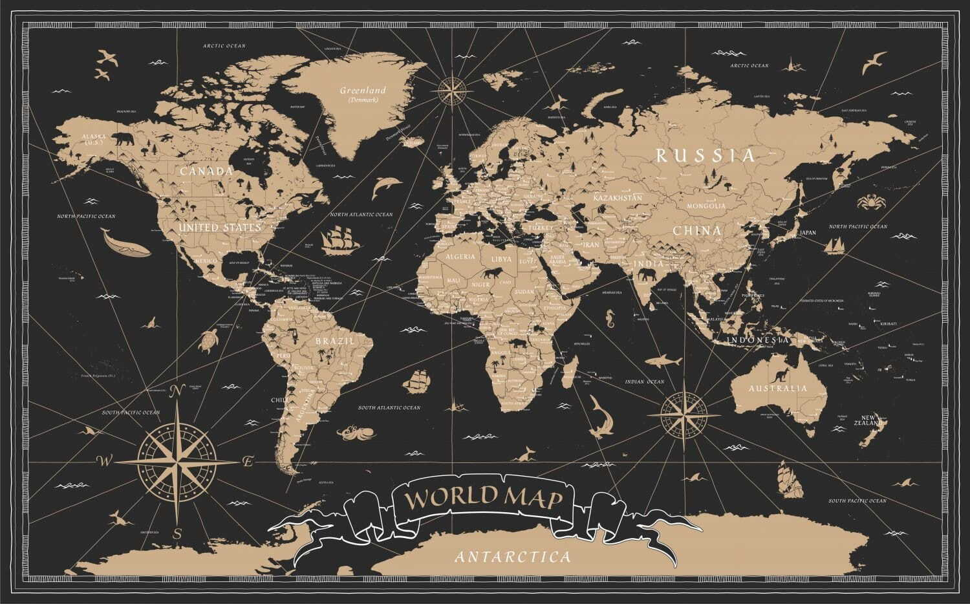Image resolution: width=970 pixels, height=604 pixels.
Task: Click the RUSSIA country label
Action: (x=706, y=155)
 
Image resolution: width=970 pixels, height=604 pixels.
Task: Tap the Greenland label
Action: (x=363, y=91)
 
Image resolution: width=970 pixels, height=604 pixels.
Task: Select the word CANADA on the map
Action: (x=206, y=171)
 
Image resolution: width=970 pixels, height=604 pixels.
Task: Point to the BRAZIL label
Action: (x=334, y=340)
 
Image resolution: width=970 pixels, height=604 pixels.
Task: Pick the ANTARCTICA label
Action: (x=513, y=556)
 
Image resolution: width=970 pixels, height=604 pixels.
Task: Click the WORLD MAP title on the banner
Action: (x=481, y=499)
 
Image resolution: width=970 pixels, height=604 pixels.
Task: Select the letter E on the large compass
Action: (x=247, y=462)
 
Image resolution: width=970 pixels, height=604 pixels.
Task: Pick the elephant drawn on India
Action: (x=647, y=277)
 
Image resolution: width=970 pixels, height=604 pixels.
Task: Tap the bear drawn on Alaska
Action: (x=121, y=138)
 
